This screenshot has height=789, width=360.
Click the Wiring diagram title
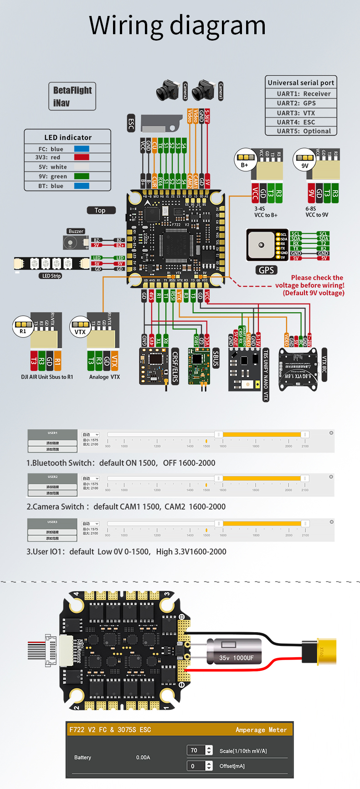[177, 25]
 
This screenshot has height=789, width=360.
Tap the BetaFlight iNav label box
[72, 96]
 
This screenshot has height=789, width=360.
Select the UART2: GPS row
[301, 103]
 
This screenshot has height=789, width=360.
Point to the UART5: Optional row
[301, 131]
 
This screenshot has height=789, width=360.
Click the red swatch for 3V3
[82, 157]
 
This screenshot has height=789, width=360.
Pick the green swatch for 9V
[82, 176]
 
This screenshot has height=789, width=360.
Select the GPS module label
[266, 270]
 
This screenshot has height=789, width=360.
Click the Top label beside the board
[101, 210]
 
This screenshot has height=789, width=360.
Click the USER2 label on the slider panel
[53, 477]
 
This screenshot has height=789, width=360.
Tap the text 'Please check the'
[317, 278]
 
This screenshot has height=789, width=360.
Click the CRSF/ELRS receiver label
[175, 366]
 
